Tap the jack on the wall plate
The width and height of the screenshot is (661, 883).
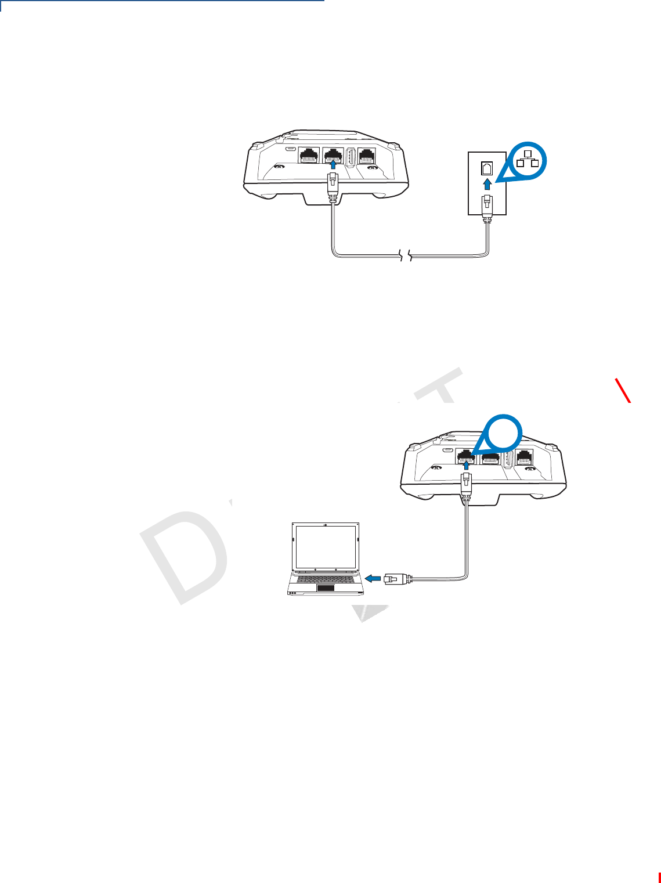point(487,168)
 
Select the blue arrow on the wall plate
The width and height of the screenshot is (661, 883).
point(487,184)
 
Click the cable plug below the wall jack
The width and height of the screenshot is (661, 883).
point(487,208)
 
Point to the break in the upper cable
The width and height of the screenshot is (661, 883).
point(404,254)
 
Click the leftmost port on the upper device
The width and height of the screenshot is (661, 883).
point(308,157)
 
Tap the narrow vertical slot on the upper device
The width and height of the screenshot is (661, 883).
point(351,158)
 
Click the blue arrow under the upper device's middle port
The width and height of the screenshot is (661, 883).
point(333,166)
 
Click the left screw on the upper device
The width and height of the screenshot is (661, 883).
point(279,168)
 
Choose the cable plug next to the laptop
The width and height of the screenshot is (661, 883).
point(396,578)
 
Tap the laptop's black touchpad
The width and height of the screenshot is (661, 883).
point(326,588)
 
